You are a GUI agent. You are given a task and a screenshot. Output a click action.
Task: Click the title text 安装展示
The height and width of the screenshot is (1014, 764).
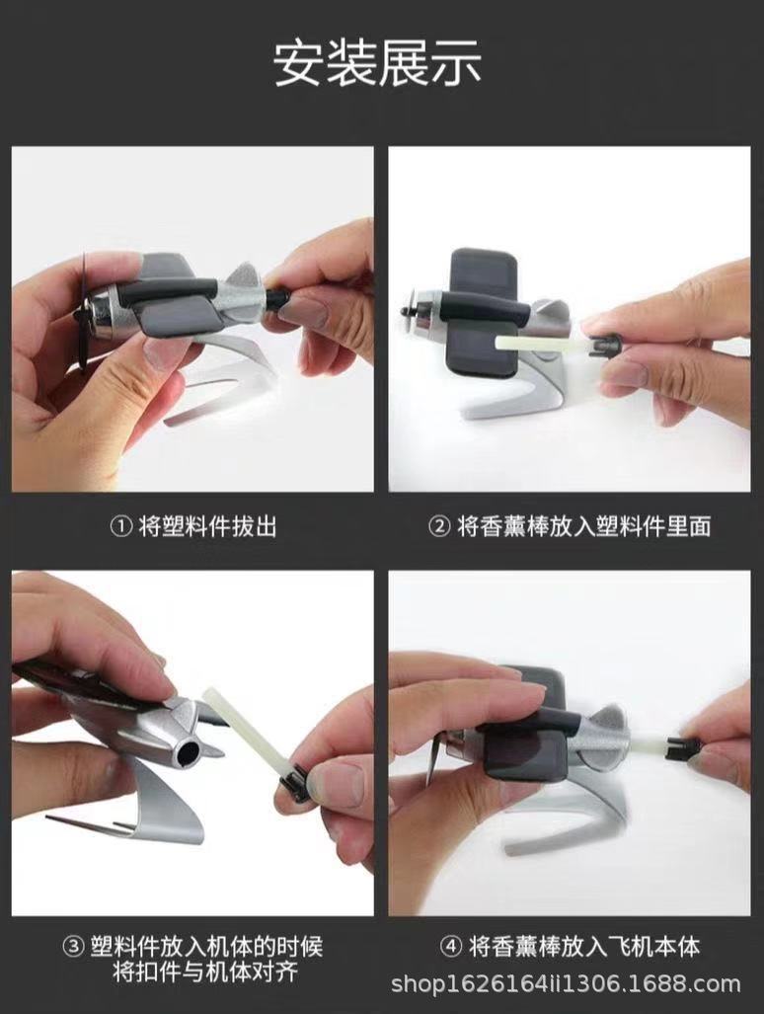tap(378, 63)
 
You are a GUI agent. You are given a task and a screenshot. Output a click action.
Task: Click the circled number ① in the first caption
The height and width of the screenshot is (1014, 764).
tap(119, 526)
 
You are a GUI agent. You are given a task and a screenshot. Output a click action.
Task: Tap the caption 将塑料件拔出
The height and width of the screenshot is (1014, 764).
tap(208, 526)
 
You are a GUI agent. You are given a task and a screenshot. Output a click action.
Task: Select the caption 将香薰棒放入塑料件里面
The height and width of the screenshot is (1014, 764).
tap(583, 526)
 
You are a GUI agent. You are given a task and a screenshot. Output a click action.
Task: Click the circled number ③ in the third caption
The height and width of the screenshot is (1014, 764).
tap(73, 947)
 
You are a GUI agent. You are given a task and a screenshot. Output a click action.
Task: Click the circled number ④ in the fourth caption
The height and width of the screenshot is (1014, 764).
tap(450, 947)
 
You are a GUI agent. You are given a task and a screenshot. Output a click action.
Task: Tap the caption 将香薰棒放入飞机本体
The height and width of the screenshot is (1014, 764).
tap(583, 947)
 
